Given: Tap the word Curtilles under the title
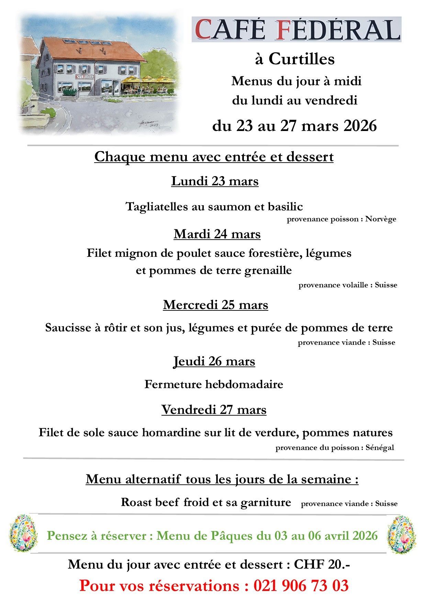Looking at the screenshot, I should [x=301, y=59].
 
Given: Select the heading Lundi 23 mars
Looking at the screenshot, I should [x=215, y=181].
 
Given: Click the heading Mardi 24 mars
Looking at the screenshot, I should [x=217, y=234].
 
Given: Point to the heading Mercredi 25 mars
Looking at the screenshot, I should [x=215, y=305].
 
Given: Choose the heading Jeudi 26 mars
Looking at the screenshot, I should [x=214, y=361].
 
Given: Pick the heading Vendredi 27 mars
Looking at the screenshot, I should [x=214, y=410].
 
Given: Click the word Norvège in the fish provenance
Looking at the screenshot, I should [x=381, y=219].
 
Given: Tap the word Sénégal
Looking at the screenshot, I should [x=380, y=448].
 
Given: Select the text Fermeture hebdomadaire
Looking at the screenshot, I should [x=214, y=384].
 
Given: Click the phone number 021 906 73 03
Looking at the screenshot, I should [x=301, y=586].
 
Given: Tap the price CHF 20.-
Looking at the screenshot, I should [x=322, y=564].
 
